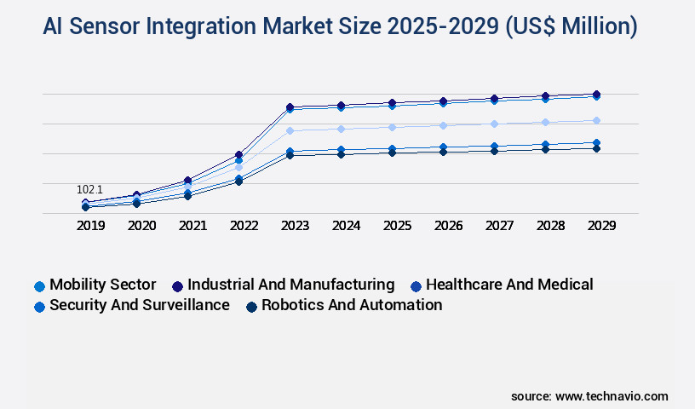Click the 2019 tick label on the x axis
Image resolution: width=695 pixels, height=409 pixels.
[90, 226]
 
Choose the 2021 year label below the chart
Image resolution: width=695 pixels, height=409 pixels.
[192, 226]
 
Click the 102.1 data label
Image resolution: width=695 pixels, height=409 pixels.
[89, 189]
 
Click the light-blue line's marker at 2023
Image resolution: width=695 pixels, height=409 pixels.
[290, 130]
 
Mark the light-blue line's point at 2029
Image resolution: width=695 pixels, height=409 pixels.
[596, 120]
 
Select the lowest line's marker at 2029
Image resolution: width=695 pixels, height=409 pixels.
[596, 148]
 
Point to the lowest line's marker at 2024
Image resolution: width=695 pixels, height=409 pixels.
[341, 154]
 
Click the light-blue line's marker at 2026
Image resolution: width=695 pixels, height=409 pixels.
[443, 125]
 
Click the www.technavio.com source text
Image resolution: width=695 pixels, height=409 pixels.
[612, 396]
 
